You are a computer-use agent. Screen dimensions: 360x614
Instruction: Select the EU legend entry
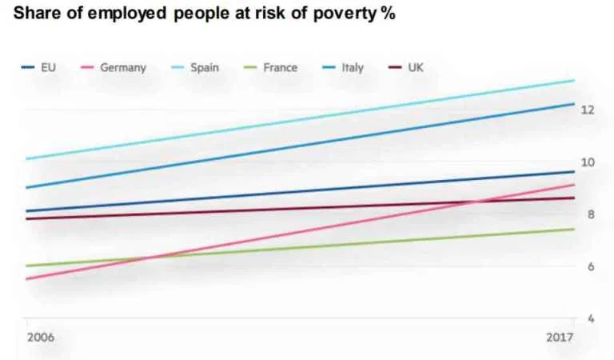[48, 68]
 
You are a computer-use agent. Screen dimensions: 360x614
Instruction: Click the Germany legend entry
[123, 68]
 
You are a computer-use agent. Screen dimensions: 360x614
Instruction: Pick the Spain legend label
[205, 68]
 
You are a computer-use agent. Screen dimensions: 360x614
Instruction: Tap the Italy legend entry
[352, 68]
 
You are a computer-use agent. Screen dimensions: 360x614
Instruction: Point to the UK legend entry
[416, 68]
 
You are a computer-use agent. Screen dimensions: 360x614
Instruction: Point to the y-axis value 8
[590, 214]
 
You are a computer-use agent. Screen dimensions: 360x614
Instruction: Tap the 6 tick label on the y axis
[590, 266]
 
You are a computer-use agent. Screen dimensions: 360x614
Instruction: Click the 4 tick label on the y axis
[590, 318]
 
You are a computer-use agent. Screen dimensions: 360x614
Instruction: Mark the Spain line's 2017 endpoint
[574, 80]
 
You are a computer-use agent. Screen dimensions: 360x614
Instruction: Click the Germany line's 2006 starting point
[26, 278]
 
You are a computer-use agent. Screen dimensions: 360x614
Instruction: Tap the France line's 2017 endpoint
[574, 229]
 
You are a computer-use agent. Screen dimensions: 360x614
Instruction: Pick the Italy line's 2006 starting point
[26, 187]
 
